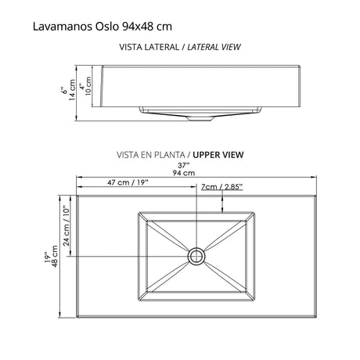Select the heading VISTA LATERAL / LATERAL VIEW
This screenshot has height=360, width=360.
pos(179,47)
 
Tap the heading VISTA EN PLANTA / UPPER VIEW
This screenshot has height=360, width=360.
pos(179,154)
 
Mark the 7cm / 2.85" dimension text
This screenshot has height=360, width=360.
pos(221,186)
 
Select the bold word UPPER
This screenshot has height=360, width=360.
pos(208,154)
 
